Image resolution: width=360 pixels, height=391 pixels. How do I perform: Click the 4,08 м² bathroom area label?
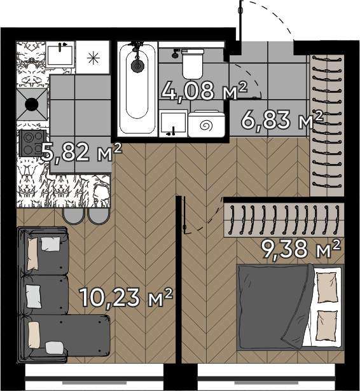pos(204,90)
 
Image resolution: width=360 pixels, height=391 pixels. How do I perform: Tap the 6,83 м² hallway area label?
pos(282,120)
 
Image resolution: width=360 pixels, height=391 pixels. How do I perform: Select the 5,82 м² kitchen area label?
pos(81,152)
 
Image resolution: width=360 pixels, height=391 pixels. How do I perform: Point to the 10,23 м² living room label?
pos(126,297)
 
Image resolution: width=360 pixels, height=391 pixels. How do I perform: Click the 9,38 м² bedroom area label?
pos(301,249)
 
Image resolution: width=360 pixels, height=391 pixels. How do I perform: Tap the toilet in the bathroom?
pos(192,64)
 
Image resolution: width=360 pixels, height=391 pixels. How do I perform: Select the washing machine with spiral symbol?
pos(207,124)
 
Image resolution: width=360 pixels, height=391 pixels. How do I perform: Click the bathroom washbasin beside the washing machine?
pos(173,123)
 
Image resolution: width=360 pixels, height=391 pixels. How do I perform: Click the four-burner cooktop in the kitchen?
pos(32,143)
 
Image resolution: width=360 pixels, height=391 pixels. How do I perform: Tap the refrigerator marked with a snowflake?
pos(93,57)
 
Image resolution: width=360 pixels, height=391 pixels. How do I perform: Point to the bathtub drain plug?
pos(137,65)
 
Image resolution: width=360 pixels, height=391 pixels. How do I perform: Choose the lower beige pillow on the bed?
pos(326,326)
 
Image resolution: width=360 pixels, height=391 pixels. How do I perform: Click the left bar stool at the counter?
pos(73,216)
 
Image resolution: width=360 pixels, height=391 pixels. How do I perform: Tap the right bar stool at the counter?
pos(99,216)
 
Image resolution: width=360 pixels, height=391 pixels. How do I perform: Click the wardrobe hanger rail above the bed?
pos(285,220)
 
